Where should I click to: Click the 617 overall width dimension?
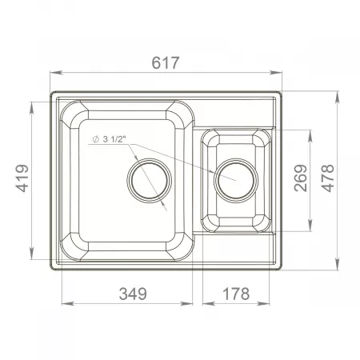pyautogui.click(x=166, y=63)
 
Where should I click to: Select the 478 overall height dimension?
pyautogui.click(x=327, y=178)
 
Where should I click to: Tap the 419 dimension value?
pyautogui.click(x=22, y=178)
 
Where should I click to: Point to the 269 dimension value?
pyautogui.click(x=301, y=178)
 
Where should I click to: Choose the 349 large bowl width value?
pyautogui.click(x=133, y=294)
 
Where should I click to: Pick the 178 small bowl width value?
pyautogui.click(x=236, y=294)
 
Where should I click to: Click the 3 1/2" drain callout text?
pyautogui.click(x=114, y=139)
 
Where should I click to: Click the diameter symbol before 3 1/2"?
pyautogui.click(x=95, y=139)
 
